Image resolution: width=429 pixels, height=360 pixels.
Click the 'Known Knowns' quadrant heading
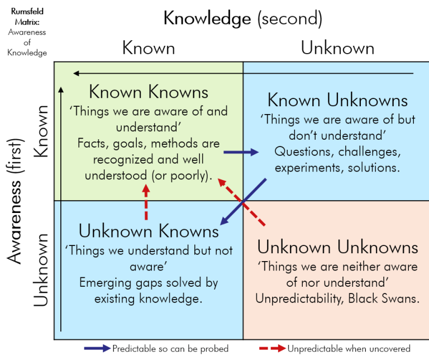coord(149,92)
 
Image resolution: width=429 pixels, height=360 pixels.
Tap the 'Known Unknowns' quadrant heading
coord(337,100)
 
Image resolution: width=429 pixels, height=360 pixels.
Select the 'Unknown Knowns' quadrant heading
coord(149,231)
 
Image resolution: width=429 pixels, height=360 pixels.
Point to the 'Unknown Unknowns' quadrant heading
coord(337,247)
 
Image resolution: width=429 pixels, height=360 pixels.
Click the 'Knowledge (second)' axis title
coord(242,18)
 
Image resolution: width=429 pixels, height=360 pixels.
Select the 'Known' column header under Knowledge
coord(149,48)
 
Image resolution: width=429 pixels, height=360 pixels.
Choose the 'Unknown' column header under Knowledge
coord(337,48)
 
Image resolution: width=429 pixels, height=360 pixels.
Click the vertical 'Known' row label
coord(41,131)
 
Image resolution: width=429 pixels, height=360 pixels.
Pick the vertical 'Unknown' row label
coord(41,269)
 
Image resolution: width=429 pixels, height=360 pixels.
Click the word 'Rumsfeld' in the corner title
coord(27,11)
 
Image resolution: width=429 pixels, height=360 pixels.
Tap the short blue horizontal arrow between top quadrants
coord(241,152)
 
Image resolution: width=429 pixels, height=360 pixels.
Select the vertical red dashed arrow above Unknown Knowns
coord(146,202)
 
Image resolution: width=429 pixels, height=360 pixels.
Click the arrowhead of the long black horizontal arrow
coord(76,73)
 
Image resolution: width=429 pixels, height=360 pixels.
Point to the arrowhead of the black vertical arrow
coord(61,90)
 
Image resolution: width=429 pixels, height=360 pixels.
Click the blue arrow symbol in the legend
coord(97,348)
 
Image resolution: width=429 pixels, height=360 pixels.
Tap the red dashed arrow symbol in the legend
coord(273,348)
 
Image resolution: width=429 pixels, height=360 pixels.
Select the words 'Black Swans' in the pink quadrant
coord(384,298)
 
